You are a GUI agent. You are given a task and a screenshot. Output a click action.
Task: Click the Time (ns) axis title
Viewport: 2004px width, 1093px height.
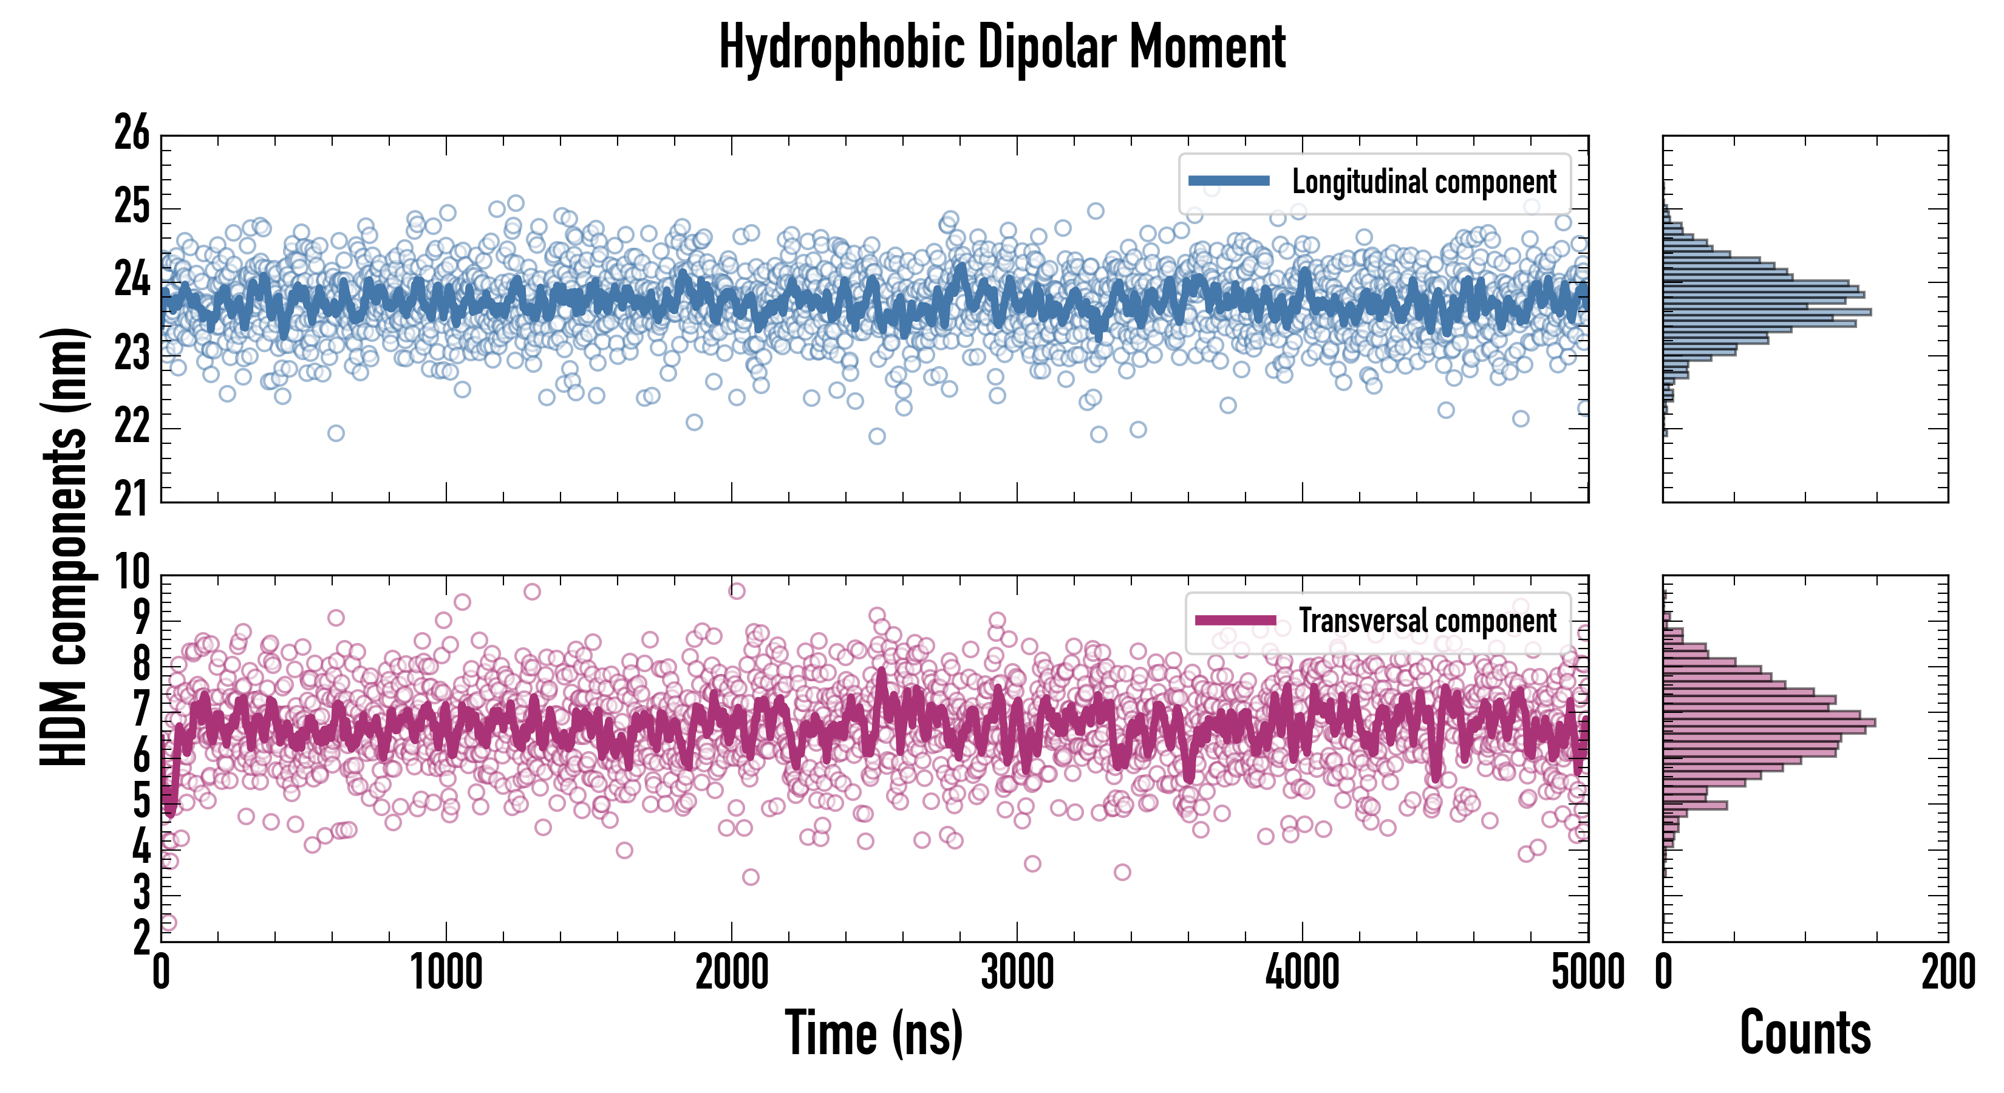coord(874,1032)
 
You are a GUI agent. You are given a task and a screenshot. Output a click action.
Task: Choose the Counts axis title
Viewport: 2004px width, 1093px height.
coord(1805,1032)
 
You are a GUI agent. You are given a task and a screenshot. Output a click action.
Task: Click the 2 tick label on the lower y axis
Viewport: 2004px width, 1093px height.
coord(141,939)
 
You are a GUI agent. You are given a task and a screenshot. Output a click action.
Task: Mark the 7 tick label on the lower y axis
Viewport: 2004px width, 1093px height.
coord(141,710)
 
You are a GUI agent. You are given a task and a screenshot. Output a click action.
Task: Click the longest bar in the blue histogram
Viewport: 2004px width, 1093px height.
coord(1767,313)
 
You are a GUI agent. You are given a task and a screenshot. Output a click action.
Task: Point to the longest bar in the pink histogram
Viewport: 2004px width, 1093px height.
coord(1769,723)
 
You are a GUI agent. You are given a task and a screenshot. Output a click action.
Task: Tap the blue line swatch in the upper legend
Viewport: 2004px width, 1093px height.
coord(1229,182)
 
